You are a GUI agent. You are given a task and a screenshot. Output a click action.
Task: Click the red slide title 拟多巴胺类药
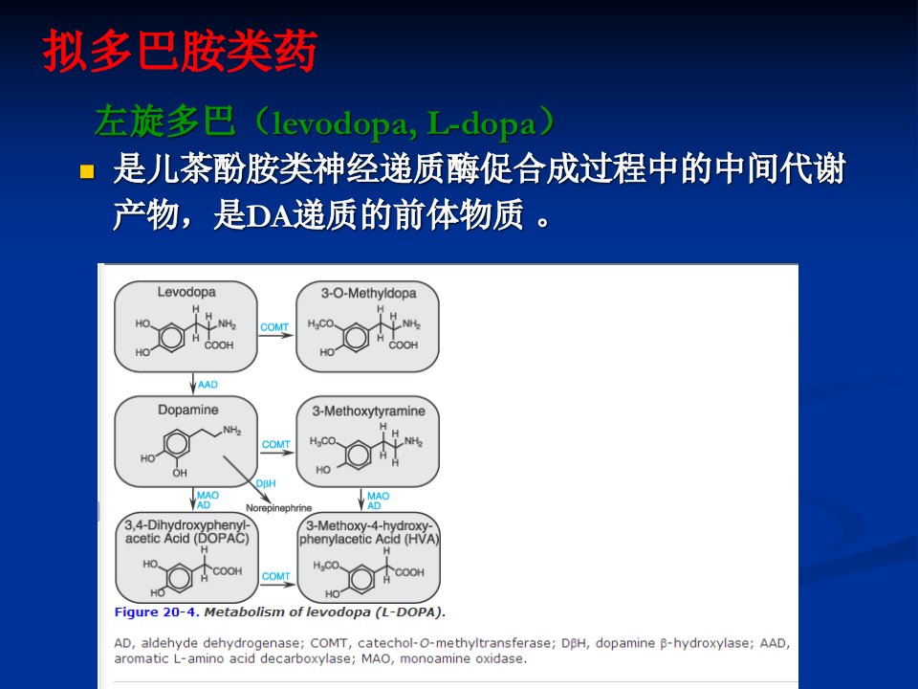[x=180, y=52]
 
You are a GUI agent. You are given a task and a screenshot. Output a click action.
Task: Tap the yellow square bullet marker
[x=87, y=171]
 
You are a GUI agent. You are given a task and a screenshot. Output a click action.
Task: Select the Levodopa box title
[x=186, y=292]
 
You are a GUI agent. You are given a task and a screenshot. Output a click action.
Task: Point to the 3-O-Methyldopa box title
[x=368, y=293]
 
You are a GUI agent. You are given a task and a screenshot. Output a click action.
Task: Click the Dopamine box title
[x=188, y=410]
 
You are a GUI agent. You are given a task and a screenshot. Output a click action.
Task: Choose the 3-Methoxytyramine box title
[x=368, y=411]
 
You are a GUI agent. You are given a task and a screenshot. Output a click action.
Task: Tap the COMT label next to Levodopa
[x=274, y=327]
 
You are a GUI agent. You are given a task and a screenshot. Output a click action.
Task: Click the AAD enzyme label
[x=208, y=385]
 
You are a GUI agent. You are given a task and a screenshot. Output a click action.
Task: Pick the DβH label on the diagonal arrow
[x=266, y=483]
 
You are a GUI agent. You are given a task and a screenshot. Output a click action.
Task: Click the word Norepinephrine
[x=278, y=508]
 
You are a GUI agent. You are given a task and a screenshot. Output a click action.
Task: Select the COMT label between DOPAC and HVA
[x=275, y=576]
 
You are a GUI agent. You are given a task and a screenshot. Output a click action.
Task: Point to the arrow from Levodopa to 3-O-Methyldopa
[x=276, y=336]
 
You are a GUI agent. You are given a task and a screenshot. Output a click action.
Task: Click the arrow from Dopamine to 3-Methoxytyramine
[x=277, y=453]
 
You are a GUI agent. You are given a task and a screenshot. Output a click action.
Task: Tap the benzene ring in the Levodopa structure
[x=171, y=337]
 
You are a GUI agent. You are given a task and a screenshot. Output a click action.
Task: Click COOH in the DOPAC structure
[x=228, y=571]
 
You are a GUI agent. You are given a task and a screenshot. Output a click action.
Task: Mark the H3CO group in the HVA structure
[x=326, y=566]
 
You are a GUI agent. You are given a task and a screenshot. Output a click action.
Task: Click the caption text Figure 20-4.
[x=157, y=612]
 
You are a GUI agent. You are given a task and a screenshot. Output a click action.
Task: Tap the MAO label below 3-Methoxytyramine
[x=379, y=497]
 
